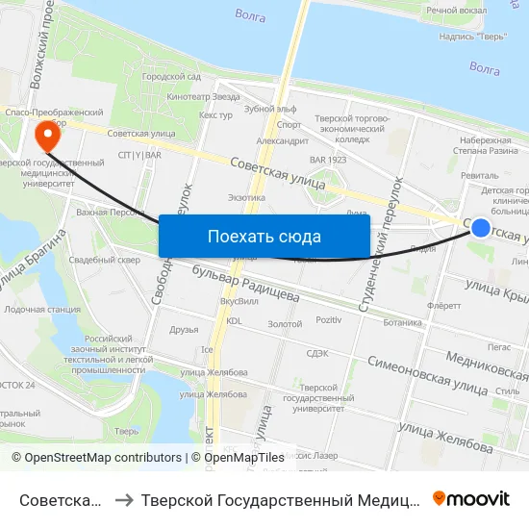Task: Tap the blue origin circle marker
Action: (481, 227)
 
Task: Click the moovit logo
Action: (471, 498)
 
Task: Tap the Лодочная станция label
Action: (42, 310)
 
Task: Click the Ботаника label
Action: (402, 322)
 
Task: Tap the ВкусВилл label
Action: (239, 301)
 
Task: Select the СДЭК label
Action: (317, 353)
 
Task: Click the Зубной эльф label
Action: (270, 109)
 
